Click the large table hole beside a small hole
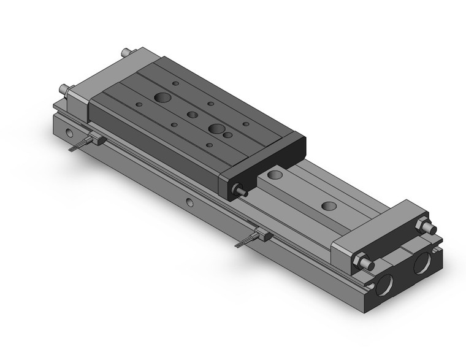point(216,129)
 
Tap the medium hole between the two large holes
point(193,115)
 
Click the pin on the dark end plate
point(241,191)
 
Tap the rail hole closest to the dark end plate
point(275,175)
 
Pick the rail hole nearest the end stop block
point(329,206)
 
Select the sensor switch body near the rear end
point(97,140)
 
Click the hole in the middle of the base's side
point(189,202)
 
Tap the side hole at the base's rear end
point(69,132)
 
